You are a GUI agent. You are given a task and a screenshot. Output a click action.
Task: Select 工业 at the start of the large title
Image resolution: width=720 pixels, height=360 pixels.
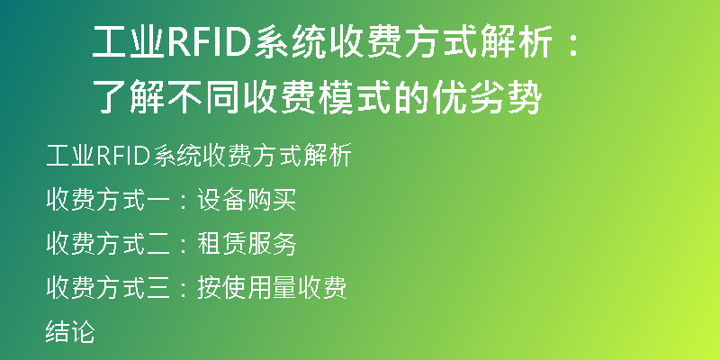click(129, 42)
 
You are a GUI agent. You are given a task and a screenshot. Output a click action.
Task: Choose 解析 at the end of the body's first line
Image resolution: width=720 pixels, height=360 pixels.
click(328, 156)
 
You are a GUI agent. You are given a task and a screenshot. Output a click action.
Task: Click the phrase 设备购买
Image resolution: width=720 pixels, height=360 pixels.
click(247, 200)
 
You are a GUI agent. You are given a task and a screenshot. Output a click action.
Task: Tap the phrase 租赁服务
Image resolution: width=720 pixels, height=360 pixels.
click(247, 244)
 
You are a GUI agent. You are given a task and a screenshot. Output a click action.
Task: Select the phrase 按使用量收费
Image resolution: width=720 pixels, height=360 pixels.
click(272, 288)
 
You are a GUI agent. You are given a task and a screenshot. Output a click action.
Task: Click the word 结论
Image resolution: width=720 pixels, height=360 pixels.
click(70, 332)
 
